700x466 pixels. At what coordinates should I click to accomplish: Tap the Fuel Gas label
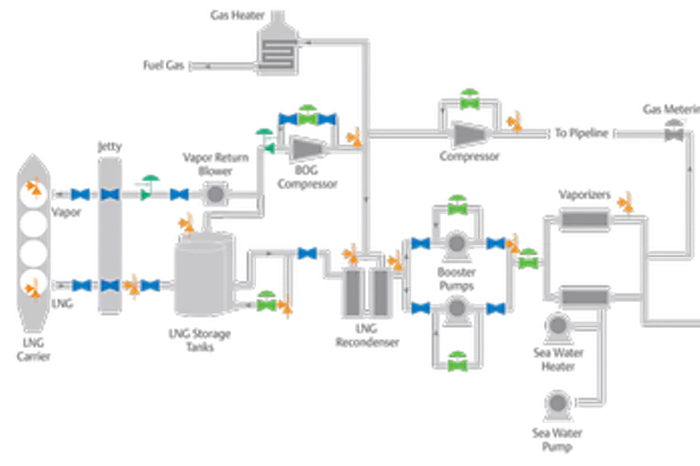coord(163,66)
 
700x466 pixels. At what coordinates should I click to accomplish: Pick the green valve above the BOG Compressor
coord(309,115)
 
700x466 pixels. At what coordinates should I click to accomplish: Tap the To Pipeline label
coord(580,133)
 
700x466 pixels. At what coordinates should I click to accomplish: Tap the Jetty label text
coord(109,146)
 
